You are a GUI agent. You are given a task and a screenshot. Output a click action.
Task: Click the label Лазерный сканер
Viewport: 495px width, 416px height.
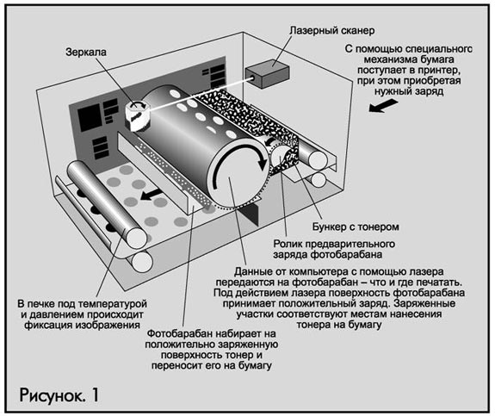pos(332,31)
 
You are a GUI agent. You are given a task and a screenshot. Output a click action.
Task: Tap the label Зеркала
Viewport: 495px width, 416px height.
pos(86,53)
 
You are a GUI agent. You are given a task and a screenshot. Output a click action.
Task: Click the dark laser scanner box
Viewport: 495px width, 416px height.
pos(267,73)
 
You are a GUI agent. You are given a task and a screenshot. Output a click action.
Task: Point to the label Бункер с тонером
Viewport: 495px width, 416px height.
pos(356,227)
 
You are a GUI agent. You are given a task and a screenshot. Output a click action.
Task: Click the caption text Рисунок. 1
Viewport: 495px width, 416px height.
pos(59,394)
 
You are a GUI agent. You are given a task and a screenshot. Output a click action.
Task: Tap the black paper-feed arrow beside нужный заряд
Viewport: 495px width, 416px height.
pos(383,106)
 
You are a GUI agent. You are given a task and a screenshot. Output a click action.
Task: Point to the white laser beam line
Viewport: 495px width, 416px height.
pos(199,93)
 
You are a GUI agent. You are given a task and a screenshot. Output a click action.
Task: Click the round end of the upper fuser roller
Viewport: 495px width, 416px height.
pos(137,239)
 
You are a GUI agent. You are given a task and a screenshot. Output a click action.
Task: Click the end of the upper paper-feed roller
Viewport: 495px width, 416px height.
pos(318,160)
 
